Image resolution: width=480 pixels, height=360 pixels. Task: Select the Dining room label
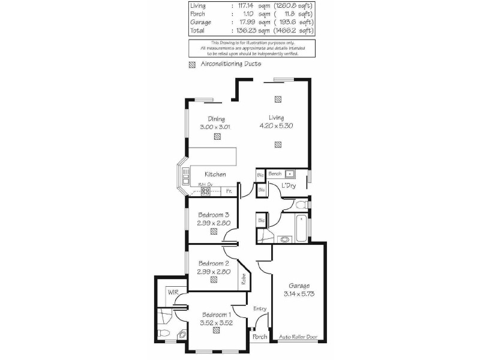point(215,118)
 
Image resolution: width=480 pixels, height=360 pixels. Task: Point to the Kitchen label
point(215,174)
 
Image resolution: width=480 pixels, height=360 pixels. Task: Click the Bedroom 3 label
point(214,215)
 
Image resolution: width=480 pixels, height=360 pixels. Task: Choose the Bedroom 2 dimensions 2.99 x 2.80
point(214,271)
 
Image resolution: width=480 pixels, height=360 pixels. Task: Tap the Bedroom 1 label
point(216,315)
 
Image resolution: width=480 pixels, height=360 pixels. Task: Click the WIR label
point(173,292)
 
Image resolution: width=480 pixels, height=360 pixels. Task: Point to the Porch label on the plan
point(259,337)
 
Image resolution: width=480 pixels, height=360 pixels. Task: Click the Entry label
point(259,309)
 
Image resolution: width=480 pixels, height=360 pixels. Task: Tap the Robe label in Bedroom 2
point(244,279)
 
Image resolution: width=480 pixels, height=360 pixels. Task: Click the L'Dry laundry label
point(289,185)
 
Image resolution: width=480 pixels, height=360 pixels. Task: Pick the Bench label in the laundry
point(275,173)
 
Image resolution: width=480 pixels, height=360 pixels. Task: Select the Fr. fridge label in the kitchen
point(229,191)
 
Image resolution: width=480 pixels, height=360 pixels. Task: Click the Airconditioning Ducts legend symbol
point(192,64)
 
